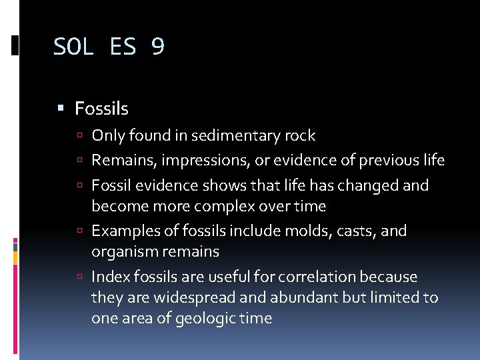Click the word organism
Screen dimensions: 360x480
click(123, 251)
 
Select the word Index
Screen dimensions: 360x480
click(108, 277)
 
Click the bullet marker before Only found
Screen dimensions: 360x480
click(80, 137)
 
